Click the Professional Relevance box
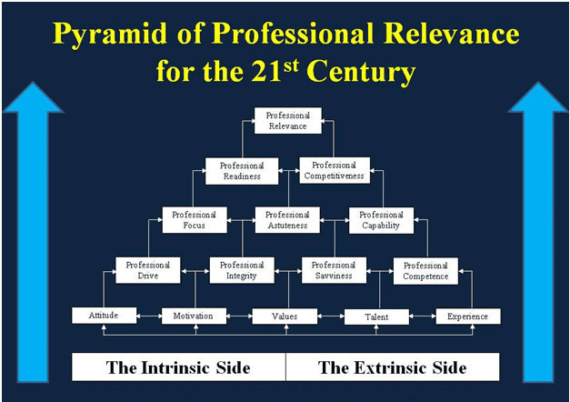[288, 120]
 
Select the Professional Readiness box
[242, 171]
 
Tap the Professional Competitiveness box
[335, 170]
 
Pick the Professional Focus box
[195, 220]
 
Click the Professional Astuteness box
[287, 220]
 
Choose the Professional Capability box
[381, 220]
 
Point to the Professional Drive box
[148, 270]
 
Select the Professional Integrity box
[242, 270]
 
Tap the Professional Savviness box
[334, 270]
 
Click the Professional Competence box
[425, 271]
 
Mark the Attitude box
[104, 316]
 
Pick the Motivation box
[194, 317]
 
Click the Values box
[285, 317]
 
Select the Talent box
[376, 317]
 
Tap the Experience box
[468, 317]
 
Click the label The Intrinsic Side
[178, 367]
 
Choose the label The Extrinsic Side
[393, 367]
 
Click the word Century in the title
[361, 72]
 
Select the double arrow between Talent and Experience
[423, 317]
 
